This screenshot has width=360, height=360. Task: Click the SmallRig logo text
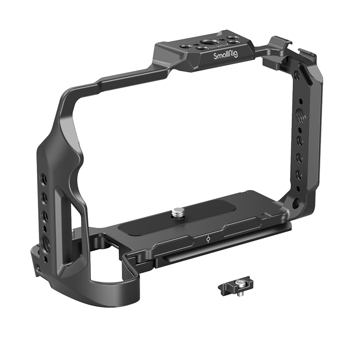click(226, 55)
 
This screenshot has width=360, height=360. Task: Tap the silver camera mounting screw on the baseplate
click(180, 212)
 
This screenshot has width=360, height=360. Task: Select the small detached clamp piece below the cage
click(235, 286)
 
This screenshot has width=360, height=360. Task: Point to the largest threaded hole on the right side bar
click(300, 113)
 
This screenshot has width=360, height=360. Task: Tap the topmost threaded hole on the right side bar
click(297, 74)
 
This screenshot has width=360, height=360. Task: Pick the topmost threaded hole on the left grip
click(43, 178)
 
